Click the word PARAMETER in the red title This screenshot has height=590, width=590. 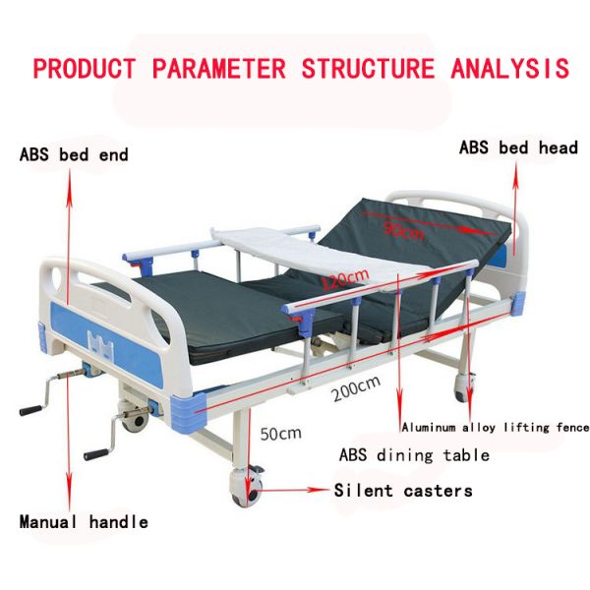point(218,69)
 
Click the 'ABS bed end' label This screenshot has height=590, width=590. point(74,154)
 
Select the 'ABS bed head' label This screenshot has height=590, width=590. point(518,147)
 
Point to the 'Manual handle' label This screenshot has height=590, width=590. point(84,522)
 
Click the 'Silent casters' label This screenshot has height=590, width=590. point(403,491)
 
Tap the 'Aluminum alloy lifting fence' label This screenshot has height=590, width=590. point(495,428)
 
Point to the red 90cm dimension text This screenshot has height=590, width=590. point(404,232)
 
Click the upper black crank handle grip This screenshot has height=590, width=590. point(31,406)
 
